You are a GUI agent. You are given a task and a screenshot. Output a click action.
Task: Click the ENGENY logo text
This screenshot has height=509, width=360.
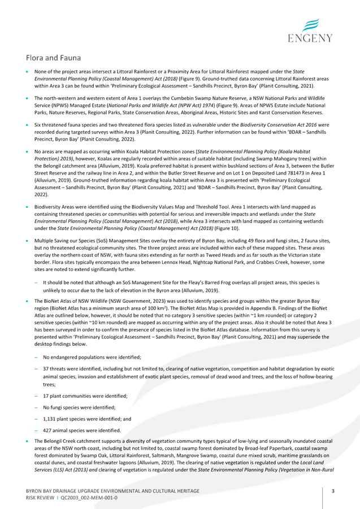(310, 38)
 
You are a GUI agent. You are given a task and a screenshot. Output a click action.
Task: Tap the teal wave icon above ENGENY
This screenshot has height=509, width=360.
(310, 25)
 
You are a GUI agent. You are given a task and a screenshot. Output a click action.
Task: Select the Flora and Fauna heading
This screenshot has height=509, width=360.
(53, 58)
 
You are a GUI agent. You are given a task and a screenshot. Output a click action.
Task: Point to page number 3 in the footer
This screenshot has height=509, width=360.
(333, 491)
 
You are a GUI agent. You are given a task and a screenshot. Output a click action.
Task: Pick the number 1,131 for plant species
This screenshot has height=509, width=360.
(49, 419)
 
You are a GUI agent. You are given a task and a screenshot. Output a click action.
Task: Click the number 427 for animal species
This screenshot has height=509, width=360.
(47, 430)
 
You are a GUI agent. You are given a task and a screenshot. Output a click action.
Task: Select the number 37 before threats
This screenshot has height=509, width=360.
(46, 369)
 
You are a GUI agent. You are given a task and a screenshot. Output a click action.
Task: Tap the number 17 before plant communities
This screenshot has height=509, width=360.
(46, 396)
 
